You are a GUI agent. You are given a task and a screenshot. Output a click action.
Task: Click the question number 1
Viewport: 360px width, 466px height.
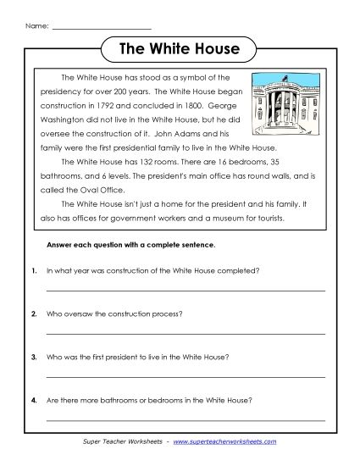[33, 271]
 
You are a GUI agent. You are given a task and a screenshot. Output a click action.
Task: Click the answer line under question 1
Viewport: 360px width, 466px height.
[186, 291]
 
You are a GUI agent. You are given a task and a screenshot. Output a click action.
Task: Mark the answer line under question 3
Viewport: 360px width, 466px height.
[186, 377]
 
